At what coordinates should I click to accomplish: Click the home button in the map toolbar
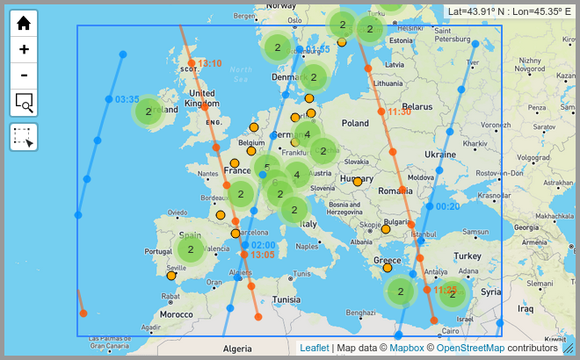point(24,24)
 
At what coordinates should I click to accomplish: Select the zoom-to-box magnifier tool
point(24,103)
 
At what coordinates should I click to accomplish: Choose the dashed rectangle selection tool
point(24,137)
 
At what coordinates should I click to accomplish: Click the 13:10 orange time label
point(210,63)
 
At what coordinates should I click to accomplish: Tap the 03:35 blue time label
point(127,99)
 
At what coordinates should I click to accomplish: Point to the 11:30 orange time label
point(399,112)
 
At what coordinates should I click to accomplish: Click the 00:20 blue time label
point(447,206)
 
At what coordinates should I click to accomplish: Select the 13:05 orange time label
point(263,255)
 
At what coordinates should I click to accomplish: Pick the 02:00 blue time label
point(264,245)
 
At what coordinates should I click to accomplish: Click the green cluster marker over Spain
point(191,249)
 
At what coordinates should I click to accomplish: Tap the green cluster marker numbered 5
point(266,168)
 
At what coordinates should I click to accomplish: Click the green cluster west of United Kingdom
point(149,112)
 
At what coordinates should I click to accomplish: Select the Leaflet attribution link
point(314,348)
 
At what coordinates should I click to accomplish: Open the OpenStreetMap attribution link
point(470,348)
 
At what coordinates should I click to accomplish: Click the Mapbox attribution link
point(407,348)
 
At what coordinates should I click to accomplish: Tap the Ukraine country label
point(440,154)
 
